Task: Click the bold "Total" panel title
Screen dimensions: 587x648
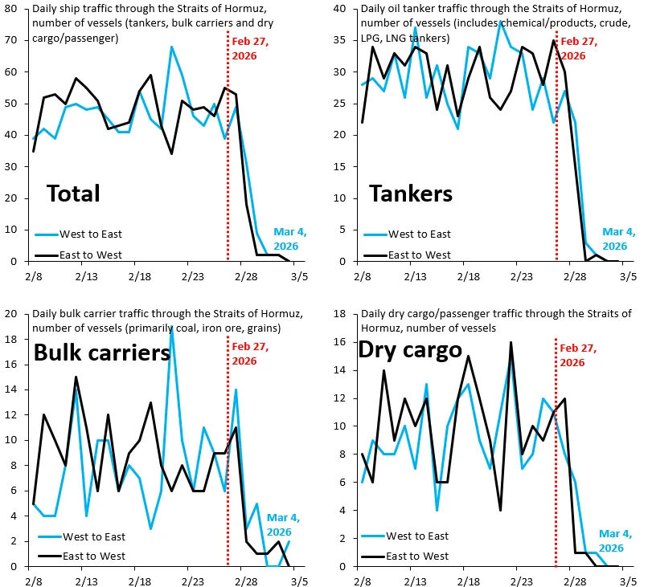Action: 73,194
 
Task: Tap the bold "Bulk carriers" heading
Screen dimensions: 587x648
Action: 101,353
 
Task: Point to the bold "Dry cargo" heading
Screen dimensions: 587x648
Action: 411,350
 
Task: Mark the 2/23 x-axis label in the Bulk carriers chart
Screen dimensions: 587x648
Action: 192,581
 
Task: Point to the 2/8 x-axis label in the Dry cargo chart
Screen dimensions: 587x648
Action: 362,581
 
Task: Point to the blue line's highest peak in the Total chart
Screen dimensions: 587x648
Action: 171,47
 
